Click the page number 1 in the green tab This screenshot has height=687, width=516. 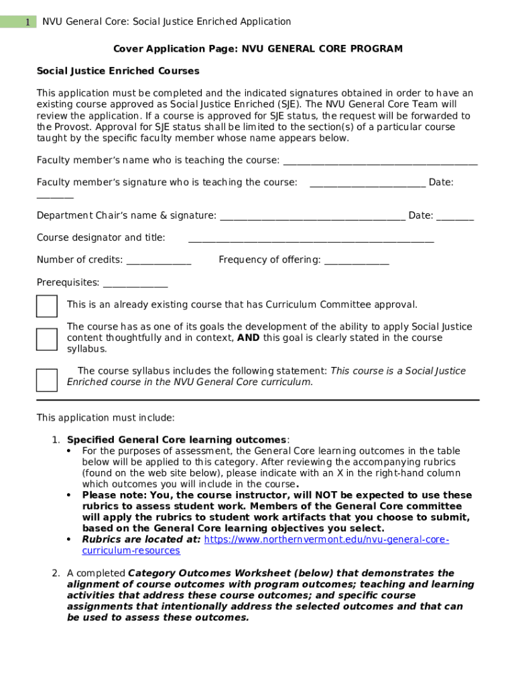(x=27, y=22)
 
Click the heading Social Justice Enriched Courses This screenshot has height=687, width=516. (x=117, y=71)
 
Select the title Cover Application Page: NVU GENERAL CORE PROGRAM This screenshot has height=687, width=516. (x=257, y=49)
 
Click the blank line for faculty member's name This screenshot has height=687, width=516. (x=380, y=161)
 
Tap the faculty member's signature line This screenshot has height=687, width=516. (x=367, y=183)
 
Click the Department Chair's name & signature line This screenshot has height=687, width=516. (x=312, y=216)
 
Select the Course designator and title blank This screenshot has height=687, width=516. (x=311, y=238)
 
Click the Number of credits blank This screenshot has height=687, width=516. (x=159, y=260)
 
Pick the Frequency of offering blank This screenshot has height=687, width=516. (x=356, y=260)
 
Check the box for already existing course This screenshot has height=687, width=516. (x=47, y=306)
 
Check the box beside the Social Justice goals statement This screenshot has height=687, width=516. (x=47, y=339)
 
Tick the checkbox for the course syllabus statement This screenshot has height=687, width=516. (x=47, y=380)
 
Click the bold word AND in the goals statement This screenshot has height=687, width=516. (x=249, y=338)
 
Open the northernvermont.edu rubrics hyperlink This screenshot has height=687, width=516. (x=326, y=540)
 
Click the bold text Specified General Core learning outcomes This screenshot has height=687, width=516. (x=176, y=440)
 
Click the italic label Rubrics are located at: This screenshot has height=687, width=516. (x=141, y=540)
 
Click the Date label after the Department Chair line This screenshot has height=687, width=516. (x=420, y=216)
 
